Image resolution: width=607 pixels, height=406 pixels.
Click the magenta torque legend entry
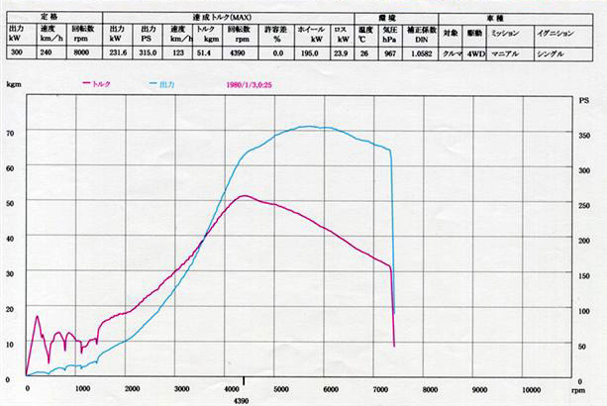coord(98,84)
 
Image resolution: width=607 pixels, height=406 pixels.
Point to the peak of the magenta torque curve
coord(244,195)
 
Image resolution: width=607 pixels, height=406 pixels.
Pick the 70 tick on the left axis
coord(11,132)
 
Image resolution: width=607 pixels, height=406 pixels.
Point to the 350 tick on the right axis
coord(583,134)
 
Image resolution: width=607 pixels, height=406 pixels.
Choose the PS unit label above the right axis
coord(583,101)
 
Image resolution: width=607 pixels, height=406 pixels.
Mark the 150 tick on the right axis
coord(583,275)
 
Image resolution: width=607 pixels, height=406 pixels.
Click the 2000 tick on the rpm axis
coord(133,388)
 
